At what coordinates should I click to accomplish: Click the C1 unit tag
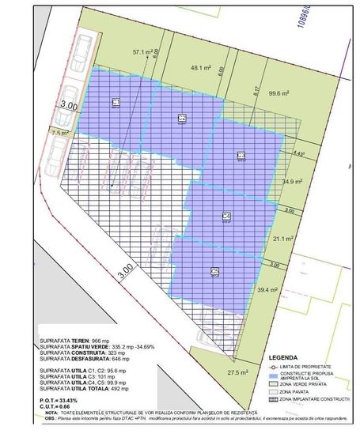pyautogui.click(x=116, y=103)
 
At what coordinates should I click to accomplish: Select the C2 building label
pyautogui.click(x=182, y=118)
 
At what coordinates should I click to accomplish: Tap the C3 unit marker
pyautogui.click(x=241, y=156)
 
